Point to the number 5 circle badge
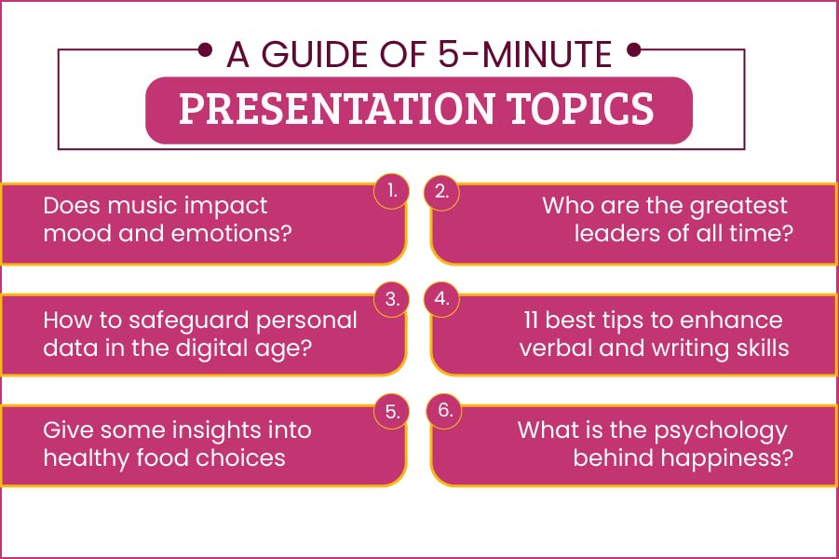coord(391,411)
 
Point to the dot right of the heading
coord(634,49)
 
